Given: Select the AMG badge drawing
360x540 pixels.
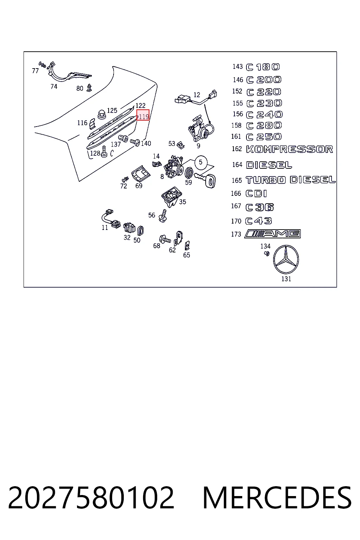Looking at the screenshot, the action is point(272,234).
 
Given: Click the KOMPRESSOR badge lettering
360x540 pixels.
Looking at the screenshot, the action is point(289,149).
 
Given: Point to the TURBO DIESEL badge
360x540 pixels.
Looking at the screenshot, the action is point(290,180).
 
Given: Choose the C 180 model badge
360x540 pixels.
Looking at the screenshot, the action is point(263,67).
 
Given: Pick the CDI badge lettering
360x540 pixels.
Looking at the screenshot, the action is point(256,194).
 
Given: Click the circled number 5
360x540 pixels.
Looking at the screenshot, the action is point(201,162).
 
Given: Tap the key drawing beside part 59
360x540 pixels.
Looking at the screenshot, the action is point(205,180).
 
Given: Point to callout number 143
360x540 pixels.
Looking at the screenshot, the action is point(238,66).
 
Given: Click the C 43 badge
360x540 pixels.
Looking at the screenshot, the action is point(258,221).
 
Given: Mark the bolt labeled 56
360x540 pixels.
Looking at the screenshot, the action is point(163,216).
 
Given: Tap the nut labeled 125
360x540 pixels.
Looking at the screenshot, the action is point(102,114).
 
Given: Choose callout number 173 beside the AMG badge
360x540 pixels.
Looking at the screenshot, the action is point(236,234).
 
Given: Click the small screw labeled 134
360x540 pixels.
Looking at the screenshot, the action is point(267,253).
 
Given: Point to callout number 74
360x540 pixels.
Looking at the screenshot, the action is point(54,86).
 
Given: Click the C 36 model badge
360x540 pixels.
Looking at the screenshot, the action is point(260,207).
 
